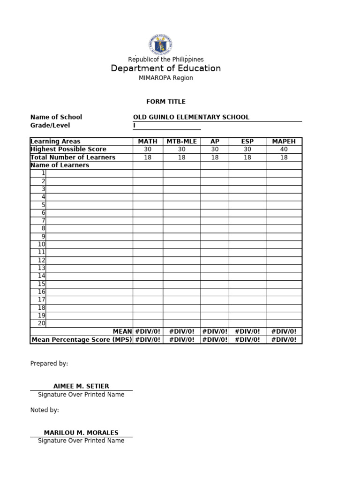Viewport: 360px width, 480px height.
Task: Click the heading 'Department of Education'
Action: pos(165,68)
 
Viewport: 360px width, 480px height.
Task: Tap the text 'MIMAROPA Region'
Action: pos(165,78)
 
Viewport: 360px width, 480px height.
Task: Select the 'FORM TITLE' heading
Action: pos(165,102)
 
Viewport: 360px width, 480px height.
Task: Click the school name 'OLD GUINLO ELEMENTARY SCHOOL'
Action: pos(191,117)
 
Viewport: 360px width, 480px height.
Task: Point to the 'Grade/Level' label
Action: pos(50,126)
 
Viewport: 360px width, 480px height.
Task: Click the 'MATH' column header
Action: pos(148,142)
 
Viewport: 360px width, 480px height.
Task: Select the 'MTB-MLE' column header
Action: pos(182,142)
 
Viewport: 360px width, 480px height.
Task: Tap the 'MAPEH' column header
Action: pos(284,142)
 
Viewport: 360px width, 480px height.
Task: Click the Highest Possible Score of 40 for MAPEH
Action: pos(284,150)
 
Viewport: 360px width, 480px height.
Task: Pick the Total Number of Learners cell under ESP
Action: pos(247,157)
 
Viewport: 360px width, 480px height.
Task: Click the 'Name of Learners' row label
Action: pos(60,165)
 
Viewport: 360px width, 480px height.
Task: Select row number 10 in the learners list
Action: pos(42,244)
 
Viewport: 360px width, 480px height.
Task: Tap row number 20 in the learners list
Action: pos(42,323)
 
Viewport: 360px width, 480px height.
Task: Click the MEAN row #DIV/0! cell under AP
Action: pos(215,331)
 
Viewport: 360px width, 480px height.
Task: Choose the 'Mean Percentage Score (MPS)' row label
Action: pos(82,339)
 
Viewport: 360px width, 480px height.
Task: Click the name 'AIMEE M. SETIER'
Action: pos(81,386)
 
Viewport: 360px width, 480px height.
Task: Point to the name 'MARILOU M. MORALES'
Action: pos(81,433)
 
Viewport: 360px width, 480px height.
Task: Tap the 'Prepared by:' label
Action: pos(49,363)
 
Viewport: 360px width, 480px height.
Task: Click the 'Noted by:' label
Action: pos(45,410)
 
